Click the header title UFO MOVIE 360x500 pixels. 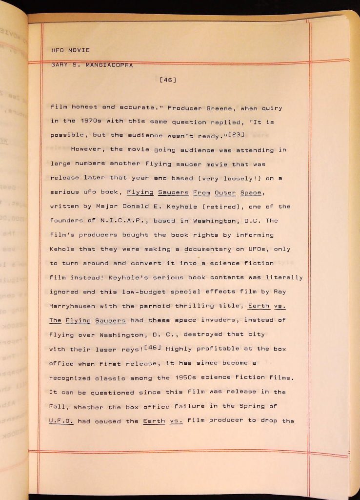pos(70,50)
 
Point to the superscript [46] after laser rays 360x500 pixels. pos(153,348)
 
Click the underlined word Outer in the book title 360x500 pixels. pos(225,193)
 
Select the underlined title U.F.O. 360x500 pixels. pos(61,421)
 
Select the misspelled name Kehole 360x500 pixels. pos(62,249)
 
